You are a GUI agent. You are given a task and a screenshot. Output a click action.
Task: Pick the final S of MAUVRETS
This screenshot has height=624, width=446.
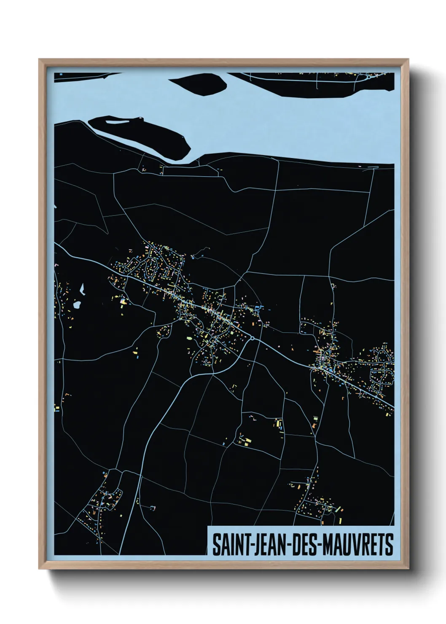tap(389, 545)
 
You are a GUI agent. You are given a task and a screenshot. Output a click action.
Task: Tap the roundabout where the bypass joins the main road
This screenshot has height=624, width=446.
tap(252, 338)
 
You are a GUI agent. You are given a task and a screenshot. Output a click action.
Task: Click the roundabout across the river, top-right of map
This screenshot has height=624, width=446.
tap(368, 77)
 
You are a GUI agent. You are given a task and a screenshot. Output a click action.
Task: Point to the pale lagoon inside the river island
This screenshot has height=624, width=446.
tap(117, 123)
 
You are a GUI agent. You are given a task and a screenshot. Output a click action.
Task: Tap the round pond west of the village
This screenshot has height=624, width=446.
tap(77, 304)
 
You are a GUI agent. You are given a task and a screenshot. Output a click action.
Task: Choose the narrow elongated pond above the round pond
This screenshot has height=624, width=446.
tap(82, 289)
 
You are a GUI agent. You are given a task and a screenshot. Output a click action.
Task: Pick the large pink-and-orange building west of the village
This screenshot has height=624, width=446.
tap(123, 301)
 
